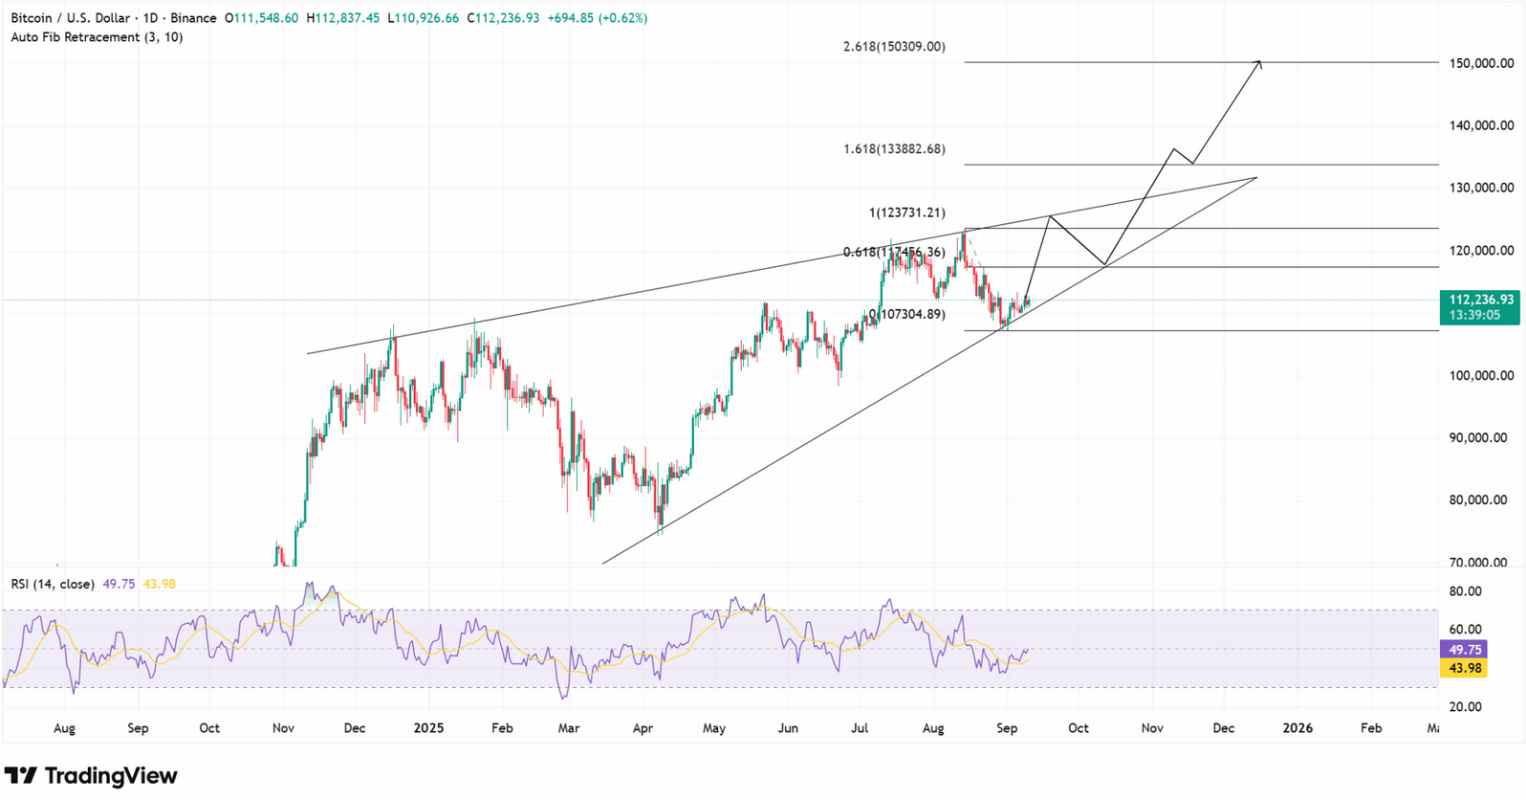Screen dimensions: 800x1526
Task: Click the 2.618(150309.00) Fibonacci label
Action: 894,47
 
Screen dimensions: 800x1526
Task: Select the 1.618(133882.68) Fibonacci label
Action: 894,149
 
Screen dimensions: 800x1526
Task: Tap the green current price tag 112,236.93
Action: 1479,300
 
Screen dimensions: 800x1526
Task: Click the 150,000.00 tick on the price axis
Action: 1479,63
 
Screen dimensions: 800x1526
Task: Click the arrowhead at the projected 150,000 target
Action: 1259,63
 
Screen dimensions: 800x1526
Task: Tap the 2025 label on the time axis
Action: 428,728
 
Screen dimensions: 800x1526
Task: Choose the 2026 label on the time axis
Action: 1297,728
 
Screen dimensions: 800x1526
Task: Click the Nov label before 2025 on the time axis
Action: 283,728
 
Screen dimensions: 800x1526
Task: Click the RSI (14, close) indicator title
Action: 53,584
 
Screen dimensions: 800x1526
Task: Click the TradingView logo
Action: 91,775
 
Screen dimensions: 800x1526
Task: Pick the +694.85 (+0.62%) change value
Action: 597,18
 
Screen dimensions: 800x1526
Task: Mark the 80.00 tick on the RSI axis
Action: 1466,591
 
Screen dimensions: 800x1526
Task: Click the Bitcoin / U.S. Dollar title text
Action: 68,18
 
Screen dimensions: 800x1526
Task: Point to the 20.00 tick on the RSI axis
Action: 1466,706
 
